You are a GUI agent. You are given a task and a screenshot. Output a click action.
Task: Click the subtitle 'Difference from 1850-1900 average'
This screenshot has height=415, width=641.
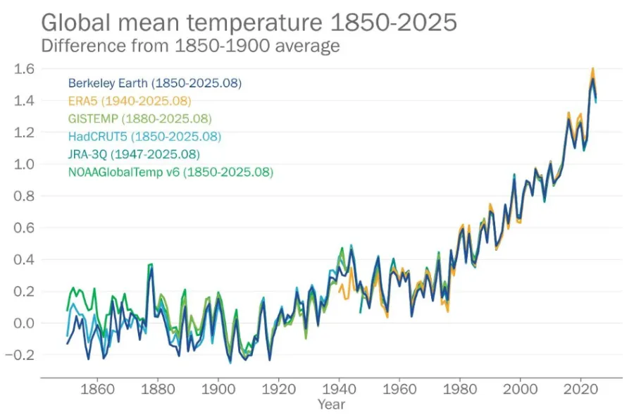(x=191, y=46)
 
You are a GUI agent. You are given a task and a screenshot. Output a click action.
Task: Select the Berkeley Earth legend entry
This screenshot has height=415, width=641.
(x=155, y=83)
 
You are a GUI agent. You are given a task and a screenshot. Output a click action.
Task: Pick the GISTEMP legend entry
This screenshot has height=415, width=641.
(x=139, y=118)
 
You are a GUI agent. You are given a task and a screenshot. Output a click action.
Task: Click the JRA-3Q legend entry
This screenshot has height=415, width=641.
(x=134, y=154)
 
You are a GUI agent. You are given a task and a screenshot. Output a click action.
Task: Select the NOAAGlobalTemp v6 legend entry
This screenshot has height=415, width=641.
(x=170, y=171)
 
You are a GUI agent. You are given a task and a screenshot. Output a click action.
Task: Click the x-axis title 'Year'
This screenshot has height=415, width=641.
(x=331, y=404)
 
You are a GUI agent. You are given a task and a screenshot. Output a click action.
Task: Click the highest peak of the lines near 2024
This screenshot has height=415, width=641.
(x=593, y=69)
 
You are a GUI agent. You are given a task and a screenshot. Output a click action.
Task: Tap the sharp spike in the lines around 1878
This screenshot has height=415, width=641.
(x=150, y=265)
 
